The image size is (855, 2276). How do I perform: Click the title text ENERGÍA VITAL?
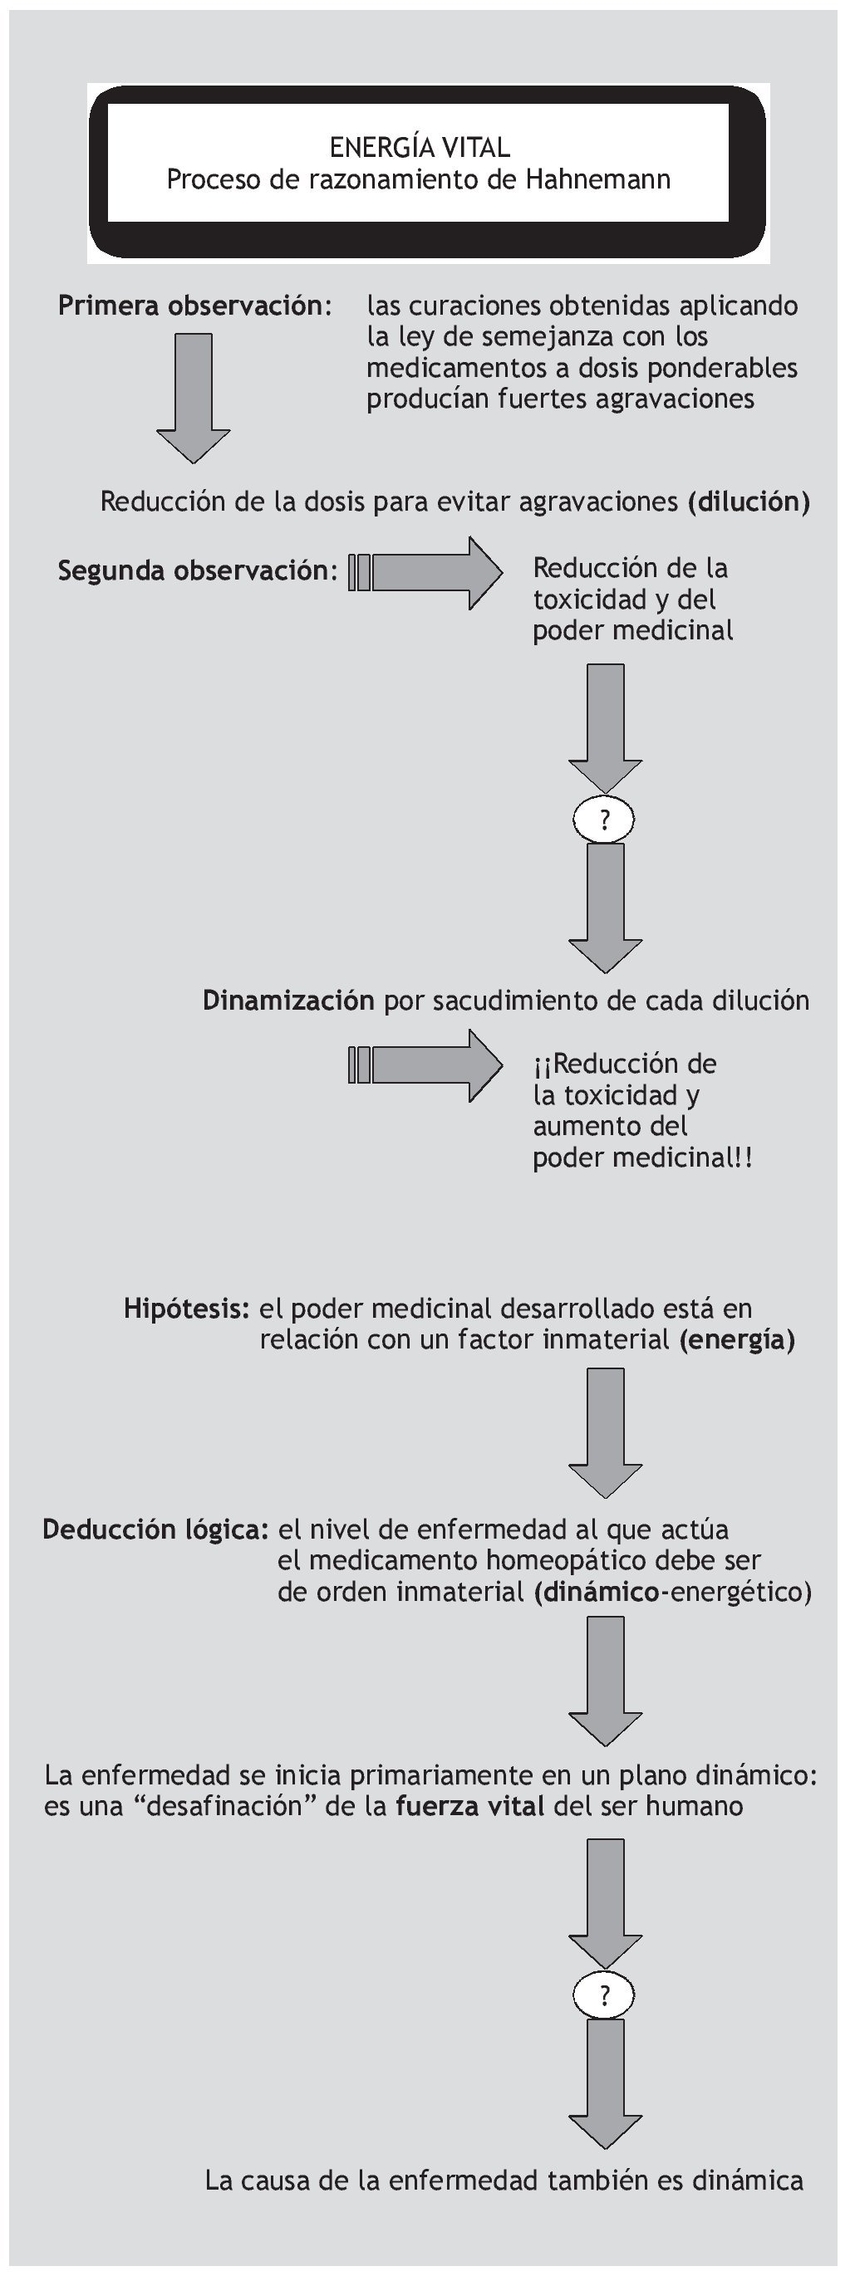tap(419, 147)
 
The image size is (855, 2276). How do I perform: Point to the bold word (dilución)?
tap(749, 502)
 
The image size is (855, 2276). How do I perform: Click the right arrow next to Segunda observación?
tap(426, 573)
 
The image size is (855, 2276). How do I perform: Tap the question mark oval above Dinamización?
tap(604, 820)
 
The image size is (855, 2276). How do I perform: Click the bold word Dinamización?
tap(288, 1001)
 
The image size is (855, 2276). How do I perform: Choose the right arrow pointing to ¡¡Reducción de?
tap(426, 1065)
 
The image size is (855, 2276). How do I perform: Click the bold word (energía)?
tap(736, 1339)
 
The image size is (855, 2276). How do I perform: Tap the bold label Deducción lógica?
tap(155, 1530)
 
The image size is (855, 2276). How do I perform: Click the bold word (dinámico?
tap(597, 1591)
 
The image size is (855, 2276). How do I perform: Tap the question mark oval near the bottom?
tap(604, 1995)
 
